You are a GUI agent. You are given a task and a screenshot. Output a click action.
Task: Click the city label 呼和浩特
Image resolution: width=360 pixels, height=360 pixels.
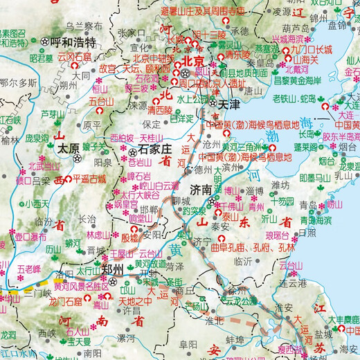click(75, 42)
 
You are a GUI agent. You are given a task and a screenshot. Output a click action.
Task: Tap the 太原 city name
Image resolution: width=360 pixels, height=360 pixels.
click(68, 147)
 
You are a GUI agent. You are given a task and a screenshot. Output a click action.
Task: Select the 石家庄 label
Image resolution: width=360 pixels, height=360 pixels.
click(156, 147)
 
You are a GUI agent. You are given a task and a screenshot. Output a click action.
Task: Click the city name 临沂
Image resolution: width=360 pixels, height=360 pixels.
click(243, 261)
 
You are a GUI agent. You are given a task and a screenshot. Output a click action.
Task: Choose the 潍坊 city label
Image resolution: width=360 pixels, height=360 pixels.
click(280, 185)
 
